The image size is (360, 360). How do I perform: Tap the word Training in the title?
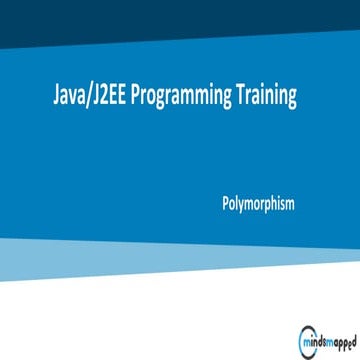266,97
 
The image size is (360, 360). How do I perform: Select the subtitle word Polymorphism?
258,204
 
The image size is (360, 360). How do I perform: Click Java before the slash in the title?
68,97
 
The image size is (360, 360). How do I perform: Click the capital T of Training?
239,97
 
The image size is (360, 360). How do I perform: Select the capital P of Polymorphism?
226,204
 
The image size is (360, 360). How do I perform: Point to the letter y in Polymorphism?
240,206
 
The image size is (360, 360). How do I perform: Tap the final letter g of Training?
292,100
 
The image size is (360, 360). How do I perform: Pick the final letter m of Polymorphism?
290,205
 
